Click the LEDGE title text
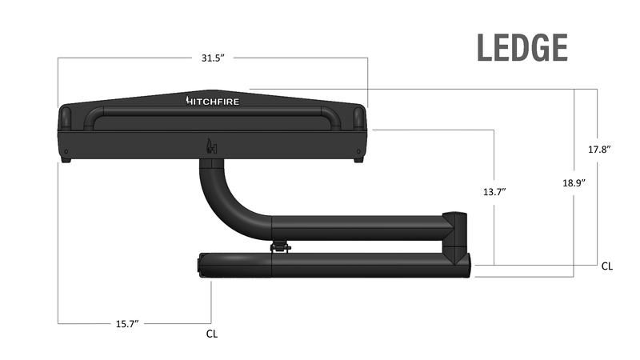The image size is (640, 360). (522, 48)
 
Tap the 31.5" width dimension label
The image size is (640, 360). (213, 58)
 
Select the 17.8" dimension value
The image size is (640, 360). (598, 150)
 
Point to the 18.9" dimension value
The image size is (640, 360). (574, 182)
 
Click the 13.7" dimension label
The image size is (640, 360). (493, 193)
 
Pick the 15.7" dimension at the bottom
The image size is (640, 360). (126, 323)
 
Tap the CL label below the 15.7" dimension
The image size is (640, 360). (211, 334)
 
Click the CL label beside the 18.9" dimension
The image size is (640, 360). (607, 266)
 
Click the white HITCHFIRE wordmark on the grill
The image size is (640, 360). (213, 101)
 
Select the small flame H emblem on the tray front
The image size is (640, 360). (212, 146)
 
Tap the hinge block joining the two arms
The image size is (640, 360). (456, 236)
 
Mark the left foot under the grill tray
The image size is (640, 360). (66, 159)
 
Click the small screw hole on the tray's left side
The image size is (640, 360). (66, 150)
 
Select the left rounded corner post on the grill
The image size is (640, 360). (66, 118)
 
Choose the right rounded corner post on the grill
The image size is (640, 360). (359, 118)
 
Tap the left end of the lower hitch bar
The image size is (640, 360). (203, 265)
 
